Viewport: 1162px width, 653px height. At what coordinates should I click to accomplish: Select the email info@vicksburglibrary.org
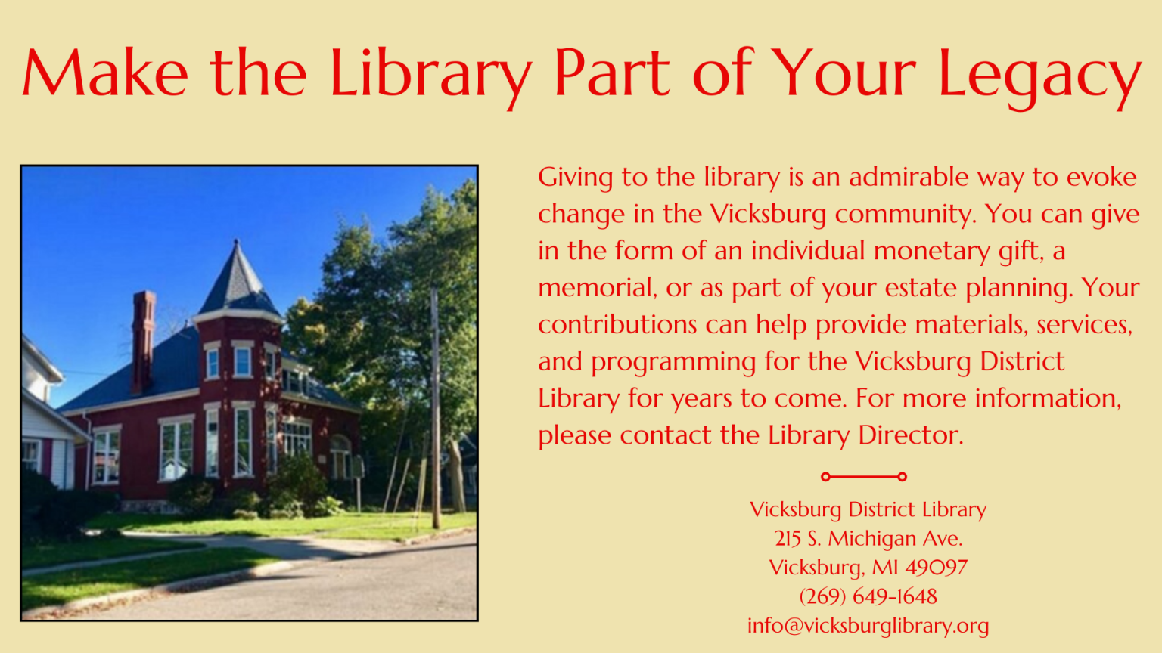pos(868,626)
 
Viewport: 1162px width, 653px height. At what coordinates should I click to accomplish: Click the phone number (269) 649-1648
pos(868,596)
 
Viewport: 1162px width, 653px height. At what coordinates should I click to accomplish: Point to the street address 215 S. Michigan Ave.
pos(868,538)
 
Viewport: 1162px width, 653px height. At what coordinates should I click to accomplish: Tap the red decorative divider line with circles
pos(863,476)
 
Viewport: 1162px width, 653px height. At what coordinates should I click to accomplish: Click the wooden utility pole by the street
pos(435,408)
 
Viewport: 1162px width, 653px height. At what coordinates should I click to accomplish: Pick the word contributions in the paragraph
pos(617,325)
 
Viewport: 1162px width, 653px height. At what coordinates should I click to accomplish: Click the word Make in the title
pos(104,74)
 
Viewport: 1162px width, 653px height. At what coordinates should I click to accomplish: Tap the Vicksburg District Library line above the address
pos(868,509)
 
